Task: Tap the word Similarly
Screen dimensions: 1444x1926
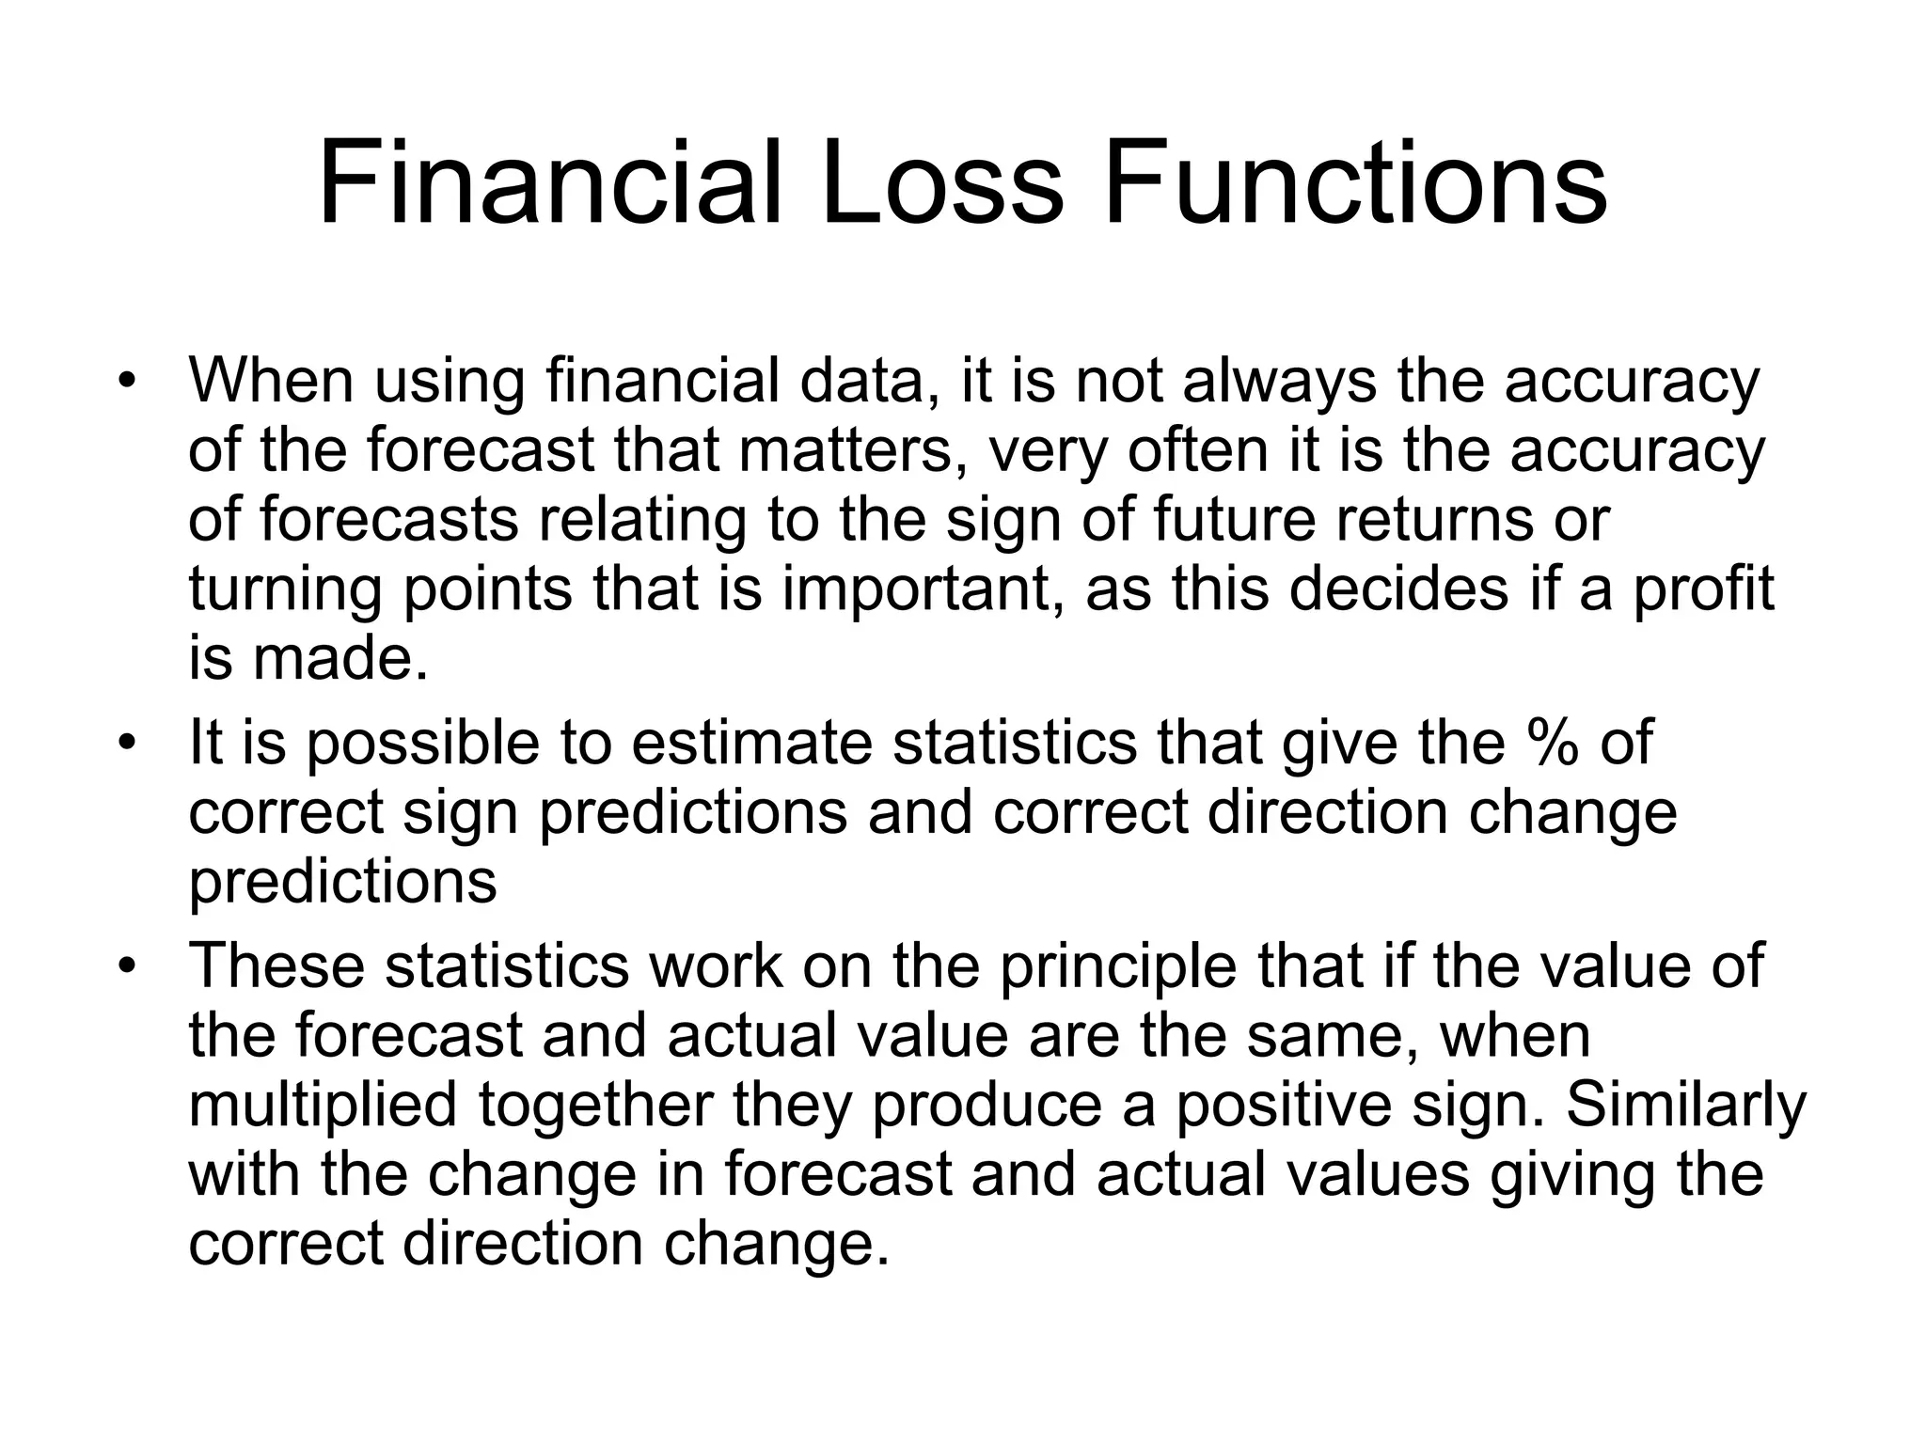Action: pyautogui.click(x=1685, y=1106)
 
